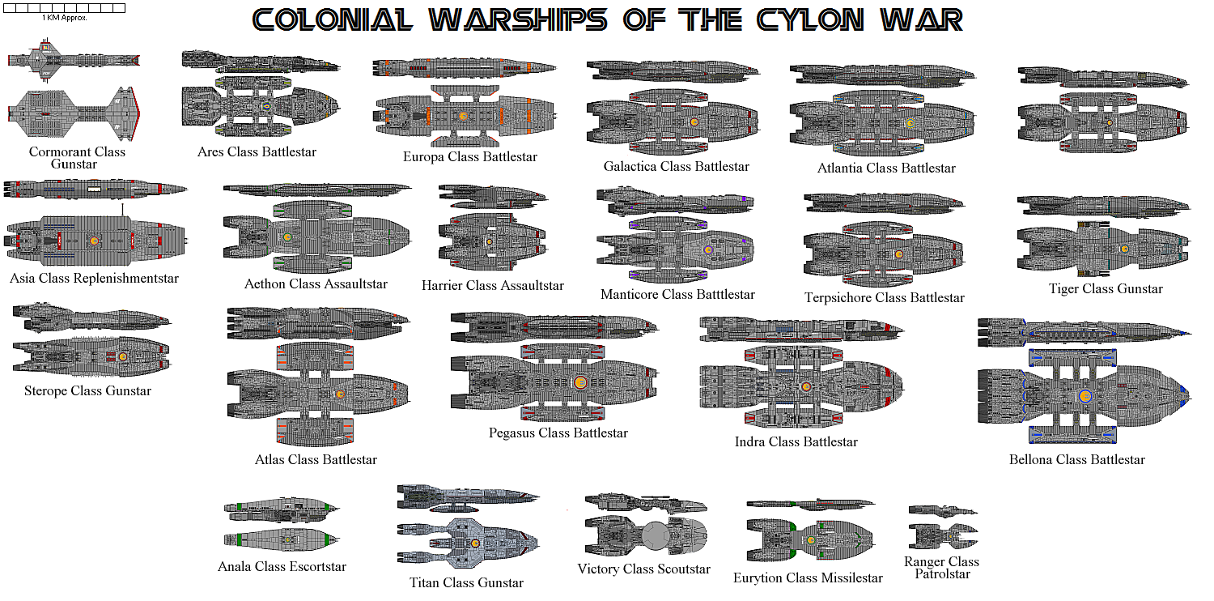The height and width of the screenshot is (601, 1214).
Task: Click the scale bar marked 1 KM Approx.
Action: (64, 8)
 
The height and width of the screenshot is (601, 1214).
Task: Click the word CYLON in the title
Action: (809, 20)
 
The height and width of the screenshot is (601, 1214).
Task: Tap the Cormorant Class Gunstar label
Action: (76, 158)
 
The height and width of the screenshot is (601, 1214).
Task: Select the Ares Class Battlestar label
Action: (257, 152)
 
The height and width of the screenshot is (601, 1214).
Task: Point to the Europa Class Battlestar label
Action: (470, 157)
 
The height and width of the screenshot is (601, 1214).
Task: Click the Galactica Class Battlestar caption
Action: (677, 167)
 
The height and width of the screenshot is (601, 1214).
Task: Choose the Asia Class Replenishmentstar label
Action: (94, 279)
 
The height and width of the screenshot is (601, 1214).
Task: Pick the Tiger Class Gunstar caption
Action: (1106, 288)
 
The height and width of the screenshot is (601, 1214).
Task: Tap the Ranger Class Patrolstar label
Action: (942, 567)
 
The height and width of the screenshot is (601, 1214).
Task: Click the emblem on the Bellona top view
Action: (1085, 396)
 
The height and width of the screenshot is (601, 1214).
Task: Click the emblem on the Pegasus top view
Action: (580, 383)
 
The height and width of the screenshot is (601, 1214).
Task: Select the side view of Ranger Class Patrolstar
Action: (943, 511)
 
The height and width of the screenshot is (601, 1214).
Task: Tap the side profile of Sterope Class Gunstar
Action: (91, 318)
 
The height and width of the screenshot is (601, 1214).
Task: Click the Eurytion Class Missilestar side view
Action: (811, 505)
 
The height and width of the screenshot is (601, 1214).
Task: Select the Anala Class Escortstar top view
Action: (282, 539)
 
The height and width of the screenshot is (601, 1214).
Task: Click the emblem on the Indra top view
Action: (806, 386)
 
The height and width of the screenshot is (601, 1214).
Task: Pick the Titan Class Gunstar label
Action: (466, 583)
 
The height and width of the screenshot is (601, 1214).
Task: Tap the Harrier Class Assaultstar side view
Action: (493, 197)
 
